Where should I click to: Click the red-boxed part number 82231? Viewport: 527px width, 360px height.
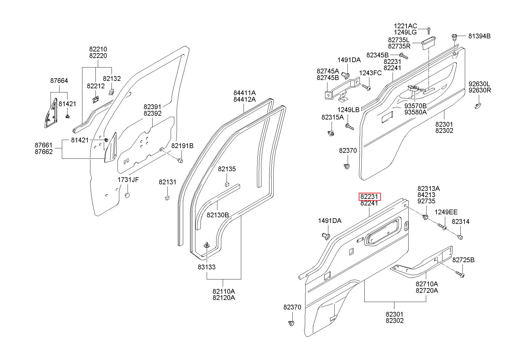369,197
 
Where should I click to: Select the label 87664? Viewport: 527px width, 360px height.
59,81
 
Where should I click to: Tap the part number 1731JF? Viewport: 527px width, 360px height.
128,180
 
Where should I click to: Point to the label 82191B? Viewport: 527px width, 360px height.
182,146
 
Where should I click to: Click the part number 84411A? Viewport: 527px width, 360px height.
244,93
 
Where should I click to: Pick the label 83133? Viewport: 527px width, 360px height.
207,267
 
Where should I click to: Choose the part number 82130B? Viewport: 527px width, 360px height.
218,215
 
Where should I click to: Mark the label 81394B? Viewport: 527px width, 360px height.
479,36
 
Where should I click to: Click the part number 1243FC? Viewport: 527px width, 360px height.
370,73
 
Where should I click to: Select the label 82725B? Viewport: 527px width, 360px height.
463,260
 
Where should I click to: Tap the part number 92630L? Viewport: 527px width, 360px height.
480,84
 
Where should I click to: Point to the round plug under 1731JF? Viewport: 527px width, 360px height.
127,196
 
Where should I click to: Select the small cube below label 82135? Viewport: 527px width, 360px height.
227,184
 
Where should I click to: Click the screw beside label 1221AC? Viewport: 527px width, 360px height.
429,31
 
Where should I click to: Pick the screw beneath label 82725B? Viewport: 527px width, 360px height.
460,274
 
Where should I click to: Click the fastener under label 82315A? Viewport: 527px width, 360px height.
331,133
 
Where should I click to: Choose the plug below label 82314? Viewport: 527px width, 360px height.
460,237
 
